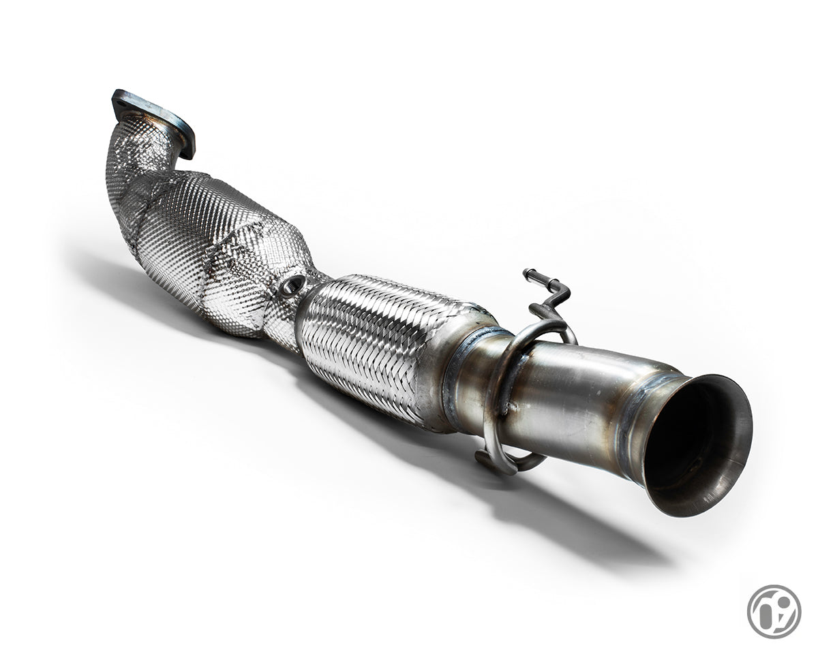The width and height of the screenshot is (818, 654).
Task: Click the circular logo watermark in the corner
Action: point(773,611)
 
